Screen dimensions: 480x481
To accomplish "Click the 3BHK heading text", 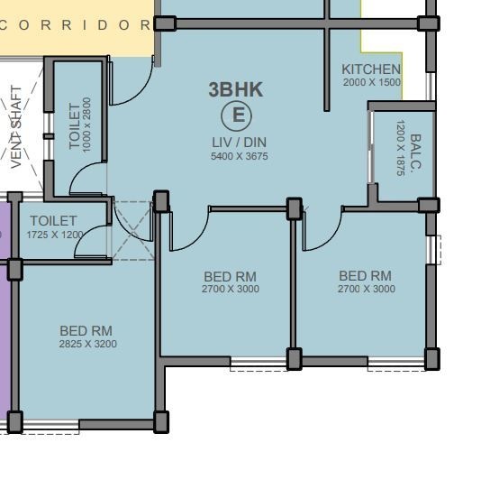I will coord(236,89).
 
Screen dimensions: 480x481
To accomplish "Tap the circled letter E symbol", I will coord(238,115).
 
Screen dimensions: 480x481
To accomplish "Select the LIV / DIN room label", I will coord(239,143).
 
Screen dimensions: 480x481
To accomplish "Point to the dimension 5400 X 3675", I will coord(239,156).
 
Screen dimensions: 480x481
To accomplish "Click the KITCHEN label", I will coord(371,69).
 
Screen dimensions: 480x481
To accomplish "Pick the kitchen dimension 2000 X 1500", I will coord(371,82).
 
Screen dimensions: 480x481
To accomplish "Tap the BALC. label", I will coord(415,154).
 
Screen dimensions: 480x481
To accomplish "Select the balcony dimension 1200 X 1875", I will coord(400,150).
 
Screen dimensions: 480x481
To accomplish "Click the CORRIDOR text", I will coord(77,24).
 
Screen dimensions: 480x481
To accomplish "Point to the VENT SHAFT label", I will coord(17,127).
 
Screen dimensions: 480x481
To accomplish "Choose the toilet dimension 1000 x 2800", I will coord(87,125).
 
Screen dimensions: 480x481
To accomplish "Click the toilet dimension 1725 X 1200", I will coord(54,235).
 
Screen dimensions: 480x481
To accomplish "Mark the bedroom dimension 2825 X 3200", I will coord(87,344).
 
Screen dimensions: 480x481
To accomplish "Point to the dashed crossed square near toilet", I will coord(132,231).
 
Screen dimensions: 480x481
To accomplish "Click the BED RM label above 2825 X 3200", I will coord(86,331).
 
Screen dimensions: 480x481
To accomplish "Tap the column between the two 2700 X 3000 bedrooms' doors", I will coord(294,208).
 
